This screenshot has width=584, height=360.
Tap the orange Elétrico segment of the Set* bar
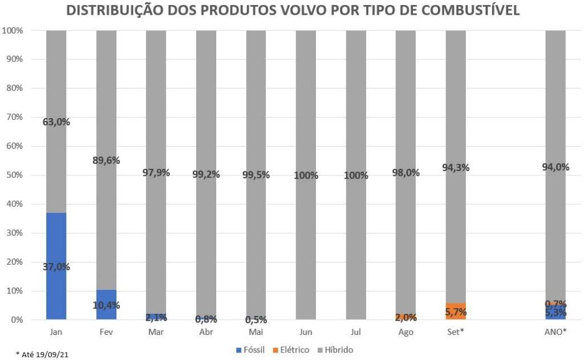pos(456,312)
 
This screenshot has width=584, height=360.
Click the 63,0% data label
pos(56,122)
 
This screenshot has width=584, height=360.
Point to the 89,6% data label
pos(106,160)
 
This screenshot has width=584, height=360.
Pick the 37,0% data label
pos(56,266)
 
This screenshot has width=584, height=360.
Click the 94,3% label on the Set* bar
pos(456,167)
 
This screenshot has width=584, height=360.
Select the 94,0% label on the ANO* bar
pos(555,167)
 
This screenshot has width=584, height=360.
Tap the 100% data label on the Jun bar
pos(306,175)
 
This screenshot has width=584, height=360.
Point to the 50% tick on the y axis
pos(14,175)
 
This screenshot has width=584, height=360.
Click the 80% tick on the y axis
pos(14,88)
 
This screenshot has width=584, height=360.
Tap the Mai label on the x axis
pos(256,331)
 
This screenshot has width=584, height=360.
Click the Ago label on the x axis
pos(406,331)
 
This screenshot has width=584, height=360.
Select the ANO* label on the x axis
pos(555,331)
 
